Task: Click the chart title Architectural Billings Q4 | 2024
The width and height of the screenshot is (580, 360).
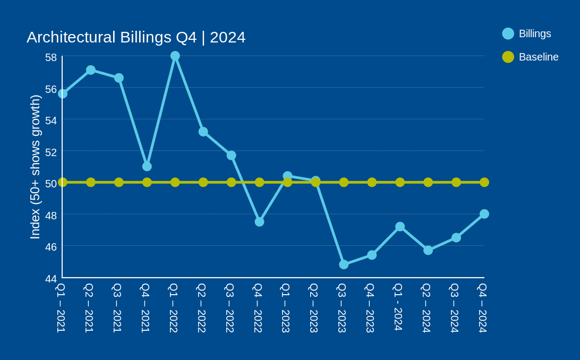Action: click(136, 37)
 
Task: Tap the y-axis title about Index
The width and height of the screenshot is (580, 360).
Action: click(35, 167)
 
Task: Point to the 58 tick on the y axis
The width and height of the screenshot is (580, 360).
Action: click(51, 57)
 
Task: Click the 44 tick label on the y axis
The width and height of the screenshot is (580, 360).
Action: click(51, 279)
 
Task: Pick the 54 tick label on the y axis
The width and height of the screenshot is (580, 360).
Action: click(51, 121)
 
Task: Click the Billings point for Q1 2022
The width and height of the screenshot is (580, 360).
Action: click(175, 56)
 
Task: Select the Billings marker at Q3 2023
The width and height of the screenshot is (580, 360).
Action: click(344, 264)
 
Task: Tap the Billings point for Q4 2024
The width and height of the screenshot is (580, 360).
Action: click(484, 214)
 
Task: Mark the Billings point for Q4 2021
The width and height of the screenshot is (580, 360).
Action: click(147, 166)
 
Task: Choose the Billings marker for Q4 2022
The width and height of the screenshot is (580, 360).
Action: click(259, 222)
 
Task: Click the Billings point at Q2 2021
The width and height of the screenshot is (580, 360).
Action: click(91, 70)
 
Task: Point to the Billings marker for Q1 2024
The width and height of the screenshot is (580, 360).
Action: click(400, 227)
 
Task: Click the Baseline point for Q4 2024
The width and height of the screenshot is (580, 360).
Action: click(484, 182)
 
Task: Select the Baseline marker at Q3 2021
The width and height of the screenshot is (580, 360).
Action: click(119, 182)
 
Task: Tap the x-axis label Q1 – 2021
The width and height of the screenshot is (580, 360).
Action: click(61, 308)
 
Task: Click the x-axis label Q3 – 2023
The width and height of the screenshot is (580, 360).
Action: click(342, 308)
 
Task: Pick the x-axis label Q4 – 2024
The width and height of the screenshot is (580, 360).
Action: click(483, 308)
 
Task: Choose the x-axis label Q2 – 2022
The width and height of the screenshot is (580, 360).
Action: click(202, 308)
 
